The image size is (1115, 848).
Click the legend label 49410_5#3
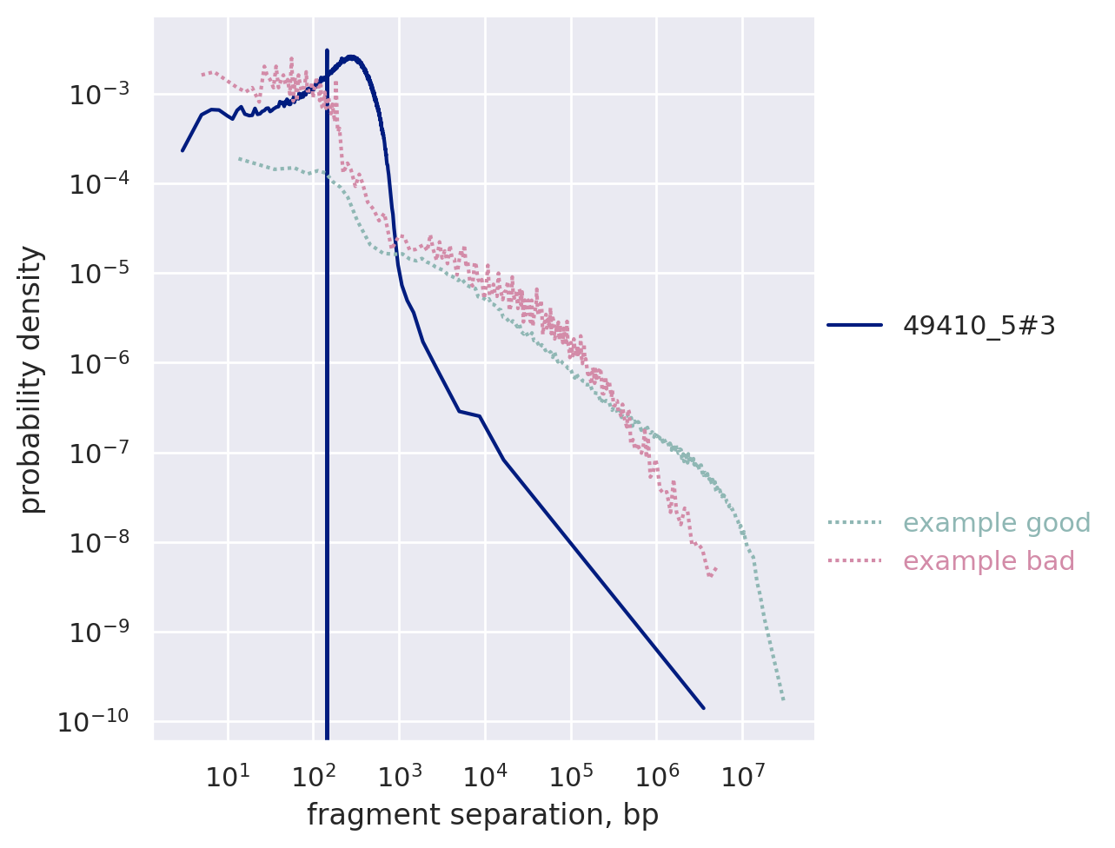[x=979, y=325]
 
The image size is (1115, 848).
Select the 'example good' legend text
[x=996, y=523]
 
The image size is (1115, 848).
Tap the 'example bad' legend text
[x=988, y=561]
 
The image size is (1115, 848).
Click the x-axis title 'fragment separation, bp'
[x=482, y=815]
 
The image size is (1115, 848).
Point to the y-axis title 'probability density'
[x=32, y=379]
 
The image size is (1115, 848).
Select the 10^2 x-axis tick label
[x=313, y=774]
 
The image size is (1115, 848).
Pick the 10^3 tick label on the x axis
[x=399, y=774]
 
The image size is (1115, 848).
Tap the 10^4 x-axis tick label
[x=485, y=774]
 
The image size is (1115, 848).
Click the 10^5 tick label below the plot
[x=571, y=774]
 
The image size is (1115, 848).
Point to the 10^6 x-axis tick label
[x=656, y=774]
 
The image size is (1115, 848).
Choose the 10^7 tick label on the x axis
[x=742, y=774]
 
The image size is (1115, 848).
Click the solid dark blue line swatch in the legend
[x=855, y=325]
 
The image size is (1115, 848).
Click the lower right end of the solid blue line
[x=703, y=708]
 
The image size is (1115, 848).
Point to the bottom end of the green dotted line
[x=783, y=699]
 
